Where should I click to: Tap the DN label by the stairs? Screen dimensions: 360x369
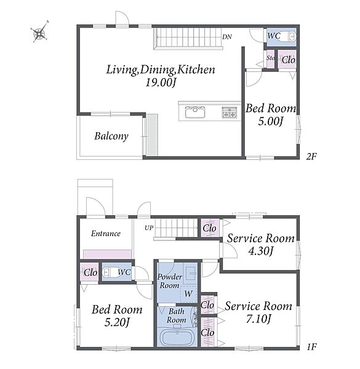(227, 37)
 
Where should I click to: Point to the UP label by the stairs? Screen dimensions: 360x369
(149, 228)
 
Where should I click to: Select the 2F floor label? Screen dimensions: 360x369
(311, 156)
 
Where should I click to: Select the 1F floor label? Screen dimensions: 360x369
(312, 347)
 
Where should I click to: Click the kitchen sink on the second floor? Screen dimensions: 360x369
(195, 112)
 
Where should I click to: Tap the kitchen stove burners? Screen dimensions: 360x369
(229, 112)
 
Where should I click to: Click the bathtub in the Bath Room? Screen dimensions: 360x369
(177, 337)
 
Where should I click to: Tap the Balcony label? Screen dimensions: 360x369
(111, 136)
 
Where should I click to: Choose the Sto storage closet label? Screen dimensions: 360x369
(271, 58)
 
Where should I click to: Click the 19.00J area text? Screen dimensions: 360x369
(161, 82)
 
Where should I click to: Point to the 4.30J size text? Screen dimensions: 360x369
(261, 251)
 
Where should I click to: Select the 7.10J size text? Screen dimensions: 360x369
(258, 319)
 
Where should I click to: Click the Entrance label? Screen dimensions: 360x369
(106, 234)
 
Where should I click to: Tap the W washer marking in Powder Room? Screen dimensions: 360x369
(188, 294)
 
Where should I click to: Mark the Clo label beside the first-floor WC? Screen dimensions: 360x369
(90, 272)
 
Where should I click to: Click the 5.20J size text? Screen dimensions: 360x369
(117, 322)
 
